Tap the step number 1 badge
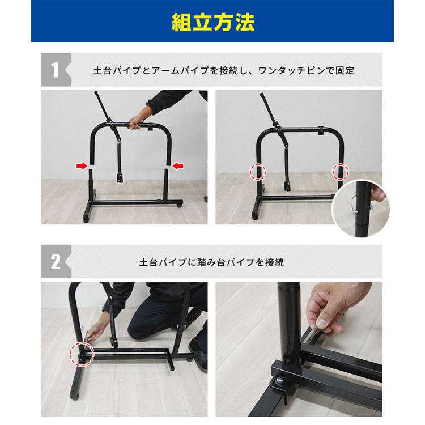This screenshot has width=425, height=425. coord(55,71)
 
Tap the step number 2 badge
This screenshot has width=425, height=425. coord(55,262)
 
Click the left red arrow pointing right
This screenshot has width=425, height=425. coord(83,165)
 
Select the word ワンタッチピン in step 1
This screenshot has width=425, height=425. coord(289,71)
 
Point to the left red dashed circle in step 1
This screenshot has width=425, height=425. coord(258,171)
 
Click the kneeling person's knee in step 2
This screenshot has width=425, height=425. coord(142,329)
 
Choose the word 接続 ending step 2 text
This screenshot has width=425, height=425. coord(275,263)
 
